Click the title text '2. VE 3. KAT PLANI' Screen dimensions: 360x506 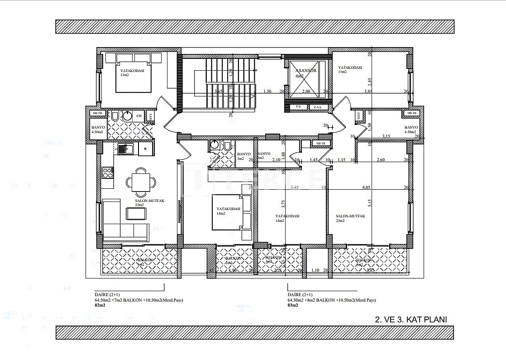pyautogui.click(x=411, y=319)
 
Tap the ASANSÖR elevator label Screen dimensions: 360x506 pyautogui.click(x=306, y=71)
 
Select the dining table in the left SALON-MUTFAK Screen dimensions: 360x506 pyautogui.click(x=141, y=182)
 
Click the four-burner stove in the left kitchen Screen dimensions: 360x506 pyautogui.click(x=107, y=173)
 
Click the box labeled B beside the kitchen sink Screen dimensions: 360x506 pyautogui.click(x=145, y=149)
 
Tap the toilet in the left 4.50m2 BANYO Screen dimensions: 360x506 pyautogui.click(x=115, y=117)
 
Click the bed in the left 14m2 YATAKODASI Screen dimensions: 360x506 pyautogui.click(x=228, y=212)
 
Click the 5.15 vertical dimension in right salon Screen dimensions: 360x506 pyautogui.click(x=370, y=202)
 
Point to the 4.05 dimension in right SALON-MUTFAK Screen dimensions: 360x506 pyautogui.click(x=366, y=187)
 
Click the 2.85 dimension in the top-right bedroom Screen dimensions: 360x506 pyautogui.click(x=370, y=82)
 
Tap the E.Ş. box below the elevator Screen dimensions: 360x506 pyautogui.click(x=299, y=107)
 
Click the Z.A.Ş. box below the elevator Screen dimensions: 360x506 pyautogui.click(x=317, y=107)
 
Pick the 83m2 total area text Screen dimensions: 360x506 pyautogui.click(x=293, y=305)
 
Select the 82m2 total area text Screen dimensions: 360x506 pyautogui.click(x=100, y=305)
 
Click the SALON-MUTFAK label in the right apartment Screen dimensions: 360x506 pyautogui.click(x=350, y=216)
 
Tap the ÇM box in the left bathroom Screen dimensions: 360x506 pyautogui.click(x=138, y=116)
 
